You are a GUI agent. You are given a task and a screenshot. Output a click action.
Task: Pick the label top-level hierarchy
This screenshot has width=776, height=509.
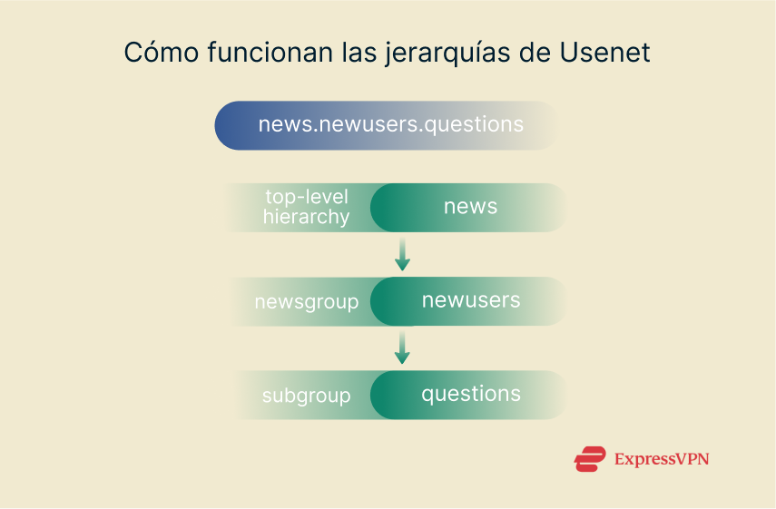[x=306, y=207]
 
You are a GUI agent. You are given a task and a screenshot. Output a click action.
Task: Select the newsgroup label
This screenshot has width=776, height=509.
[x=306, y=302]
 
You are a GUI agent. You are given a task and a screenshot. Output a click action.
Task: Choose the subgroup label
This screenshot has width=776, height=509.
[x=306, y=396]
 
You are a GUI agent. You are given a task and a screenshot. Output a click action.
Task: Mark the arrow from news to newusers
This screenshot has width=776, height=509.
[x=402, y=255]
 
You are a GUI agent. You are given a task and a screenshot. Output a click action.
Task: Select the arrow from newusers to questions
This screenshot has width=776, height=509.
[x=402, y=348]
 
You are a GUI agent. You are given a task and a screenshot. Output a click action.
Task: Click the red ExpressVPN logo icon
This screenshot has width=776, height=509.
[x=589, y=459]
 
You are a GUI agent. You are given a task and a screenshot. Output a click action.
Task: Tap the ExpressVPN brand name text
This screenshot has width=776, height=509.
[x=661, y=459]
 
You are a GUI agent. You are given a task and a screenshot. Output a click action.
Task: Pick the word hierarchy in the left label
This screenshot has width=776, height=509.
[x=306, y=217]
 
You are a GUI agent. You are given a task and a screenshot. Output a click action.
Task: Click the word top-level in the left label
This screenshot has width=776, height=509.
[x=306, y=197]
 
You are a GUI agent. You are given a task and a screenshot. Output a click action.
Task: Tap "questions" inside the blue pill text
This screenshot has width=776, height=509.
[x=474, y=125]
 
